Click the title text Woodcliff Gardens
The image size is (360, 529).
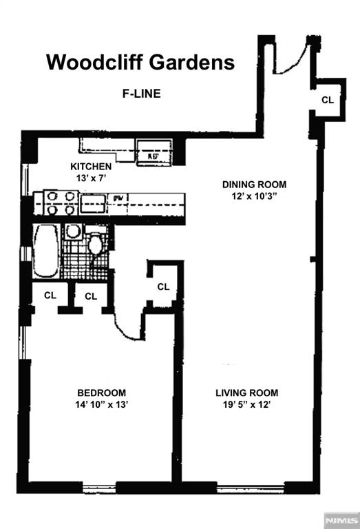[x=140, y=63]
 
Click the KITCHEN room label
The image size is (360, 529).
[x=91, y=167]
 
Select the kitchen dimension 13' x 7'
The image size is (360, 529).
[x=91, y=178]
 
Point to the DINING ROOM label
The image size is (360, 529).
[x=253, y=184]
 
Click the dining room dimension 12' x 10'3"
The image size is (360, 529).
[x=253, y=196]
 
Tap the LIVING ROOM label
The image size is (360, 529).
[x=246, y=393]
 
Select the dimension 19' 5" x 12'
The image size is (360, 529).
[x=246, y=404]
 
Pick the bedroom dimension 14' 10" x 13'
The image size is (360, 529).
[x=100, y=404]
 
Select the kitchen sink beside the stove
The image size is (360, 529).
[x=92, y=203]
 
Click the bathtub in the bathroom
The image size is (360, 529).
[x=46, y=251]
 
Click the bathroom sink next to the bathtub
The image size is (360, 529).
[x=73, y=231]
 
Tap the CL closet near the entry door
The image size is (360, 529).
[x=328, y=100]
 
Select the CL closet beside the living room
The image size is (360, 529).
[x=163, y=287]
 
